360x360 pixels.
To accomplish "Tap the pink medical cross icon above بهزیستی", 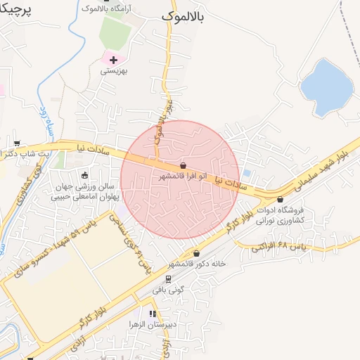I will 113,60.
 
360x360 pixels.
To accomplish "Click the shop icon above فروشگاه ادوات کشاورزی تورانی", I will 281,200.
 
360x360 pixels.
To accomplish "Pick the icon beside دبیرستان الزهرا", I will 151,314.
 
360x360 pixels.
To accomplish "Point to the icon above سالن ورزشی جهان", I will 85,175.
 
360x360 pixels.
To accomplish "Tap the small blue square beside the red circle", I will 247,172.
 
